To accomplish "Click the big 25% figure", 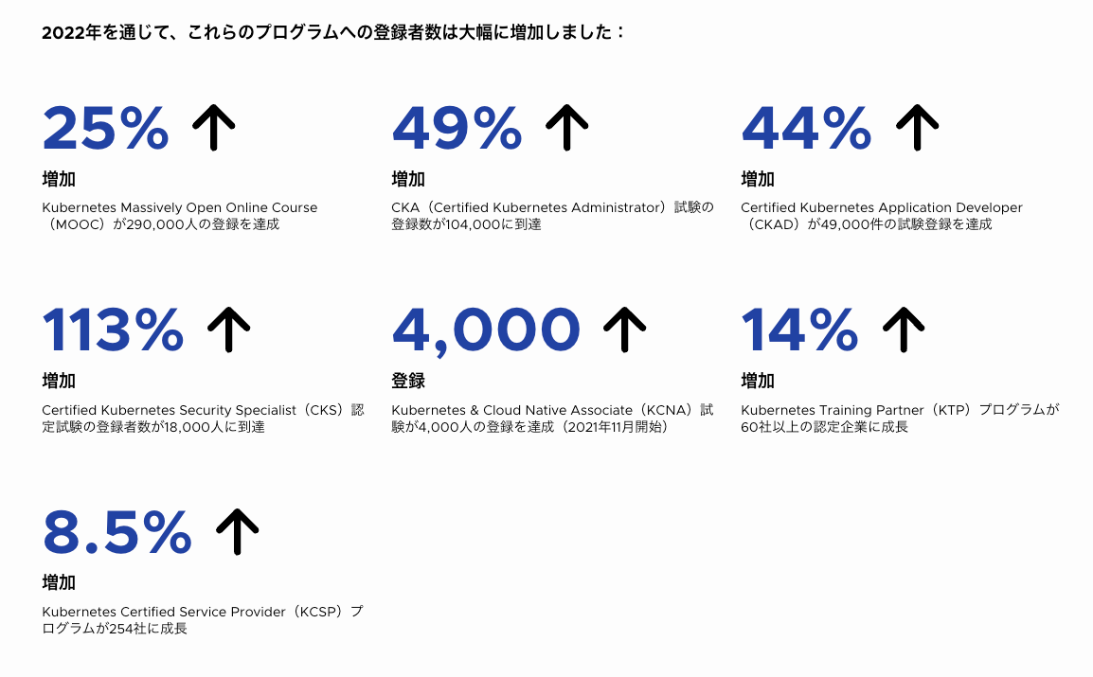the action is click(x=105, y=128).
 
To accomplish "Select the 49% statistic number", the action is click(x=457, y=128).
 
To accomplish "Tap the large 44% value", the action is click(x=807, y=128).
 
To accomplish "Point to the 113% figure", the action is click(x=113, y=330).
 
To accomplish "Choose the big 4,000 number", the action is click(x=486, y=331).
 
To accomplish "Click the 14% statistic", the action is click(x=799, y=330).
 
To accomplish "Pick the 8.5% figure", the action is click(x=117, y=532).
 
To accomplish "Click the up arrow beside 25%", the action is click(x=213, y=128).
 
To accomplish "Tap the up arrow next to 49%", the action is click(x=566, y=128).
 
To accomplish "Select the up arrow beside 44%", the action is click(x=918, y=128).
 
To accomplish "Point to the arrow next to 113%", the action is click(x=228, y=330).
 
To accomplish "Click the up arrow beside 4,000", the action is click(x=624, y=330).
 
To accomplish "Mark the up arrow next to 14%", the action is click(x=904, y=330).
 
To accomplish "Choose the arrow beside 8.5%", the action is click(x=237, y=531).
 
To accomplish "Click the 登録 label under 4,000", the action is click(x=408, y=381).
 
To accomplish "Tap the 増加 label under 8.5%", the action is click(x=59, y=582).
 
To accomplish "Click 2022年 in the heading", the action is click(x=72, y=33).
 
